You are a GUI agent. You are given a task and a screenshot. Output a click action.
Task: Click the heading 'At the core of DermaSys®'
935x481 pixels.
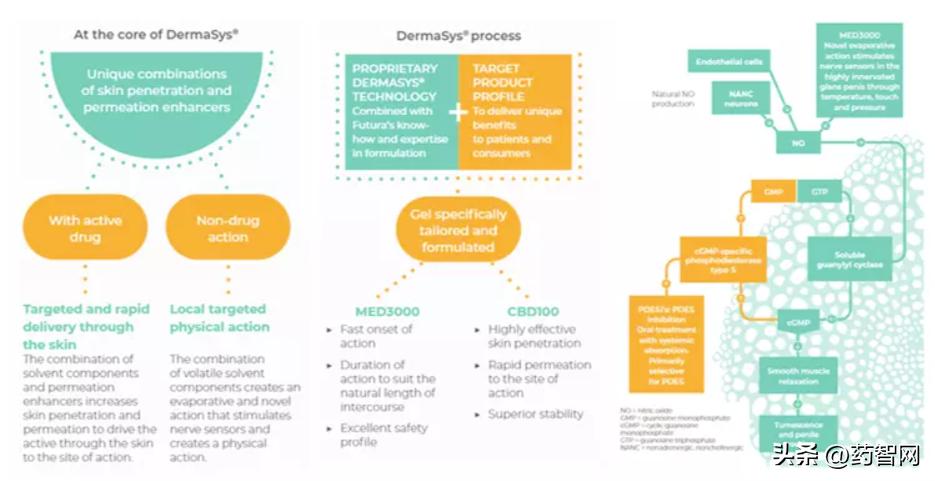[155, 34]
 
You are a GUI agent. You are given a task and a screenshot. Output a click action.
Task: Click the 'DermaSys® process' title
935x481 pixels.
[459, 36]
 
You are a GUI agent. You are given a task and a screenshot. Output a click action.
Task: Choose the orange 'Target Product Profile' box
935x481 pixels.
[516, 110]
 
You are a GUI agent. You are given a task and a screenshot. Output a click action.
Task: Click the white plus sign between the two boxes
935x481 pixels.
[457, 112]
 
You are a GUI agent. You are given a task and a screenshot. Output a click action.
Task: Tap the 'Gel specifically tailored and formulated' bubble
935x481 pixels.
[459, 230]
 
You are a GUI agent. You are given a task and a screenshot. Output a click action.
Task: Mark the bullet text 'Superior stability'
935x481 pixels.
[536, 413]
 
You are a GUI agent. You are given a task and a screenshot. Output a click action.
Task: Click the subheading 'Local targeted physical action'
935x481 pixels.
[219, 318]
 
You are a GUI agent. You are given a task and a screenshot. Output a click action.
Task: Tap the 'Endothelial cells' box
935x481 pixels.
[728, 61]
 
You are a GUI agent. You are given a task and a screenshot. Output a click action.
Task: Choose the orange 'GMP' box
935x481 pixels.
[772, 191]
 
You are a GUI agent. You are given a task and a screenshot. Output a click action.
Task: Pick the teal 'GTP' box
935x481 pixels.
[819, 191]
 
